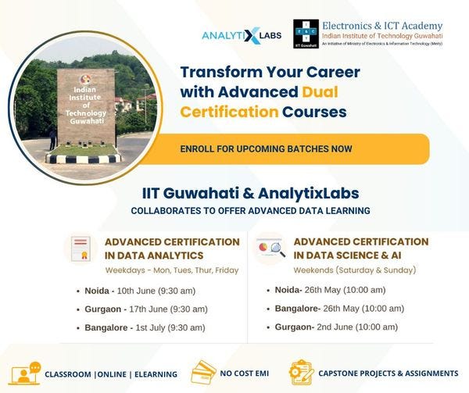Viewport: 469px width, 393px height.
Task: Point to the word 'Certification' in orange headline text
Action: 229,112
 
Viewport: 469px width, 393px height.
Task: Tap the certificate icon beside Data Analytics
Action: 82,249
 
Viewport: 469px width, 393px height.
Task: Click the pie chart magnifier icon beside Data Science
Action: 270,249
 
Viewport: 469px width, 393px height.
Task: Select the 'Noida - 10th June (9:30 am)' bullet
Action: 147,291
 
